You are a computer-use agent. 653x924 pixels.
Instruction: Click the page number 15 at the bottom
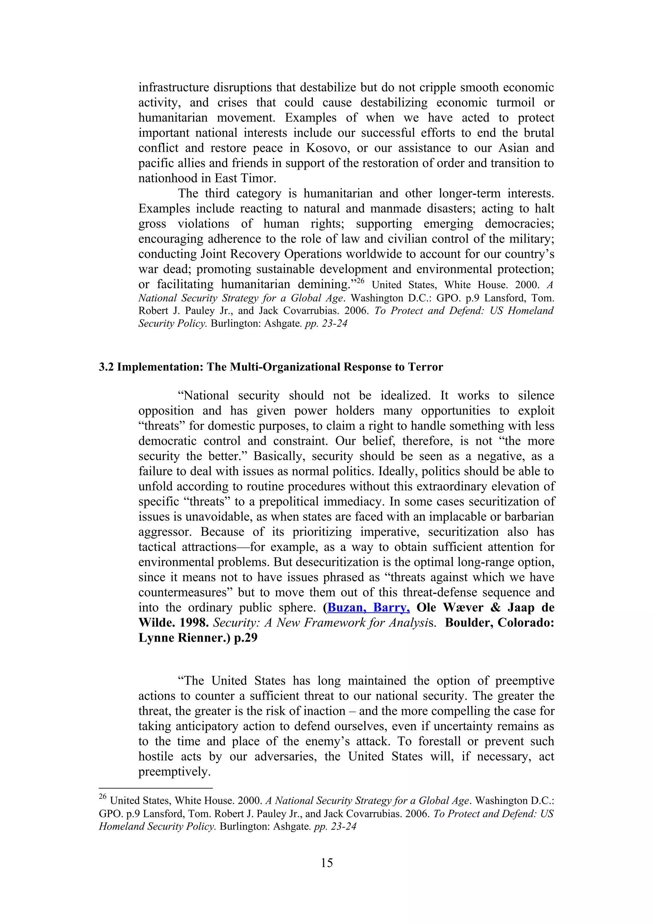coord(327,862)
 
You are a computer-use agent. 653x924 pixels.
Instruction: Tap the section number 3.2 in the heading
coord(106,367)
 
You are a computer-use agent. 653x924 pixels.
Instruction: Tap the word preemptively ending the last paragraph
coord(174,772)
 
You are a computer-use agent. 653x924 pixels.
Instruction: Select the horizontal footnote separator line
coord(155,788)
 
